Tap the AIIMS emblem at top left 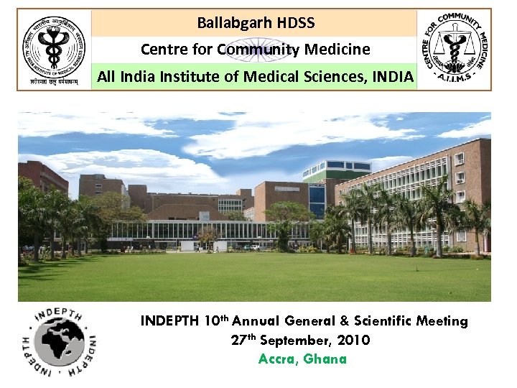53,49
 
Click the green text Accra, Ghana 302,359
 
